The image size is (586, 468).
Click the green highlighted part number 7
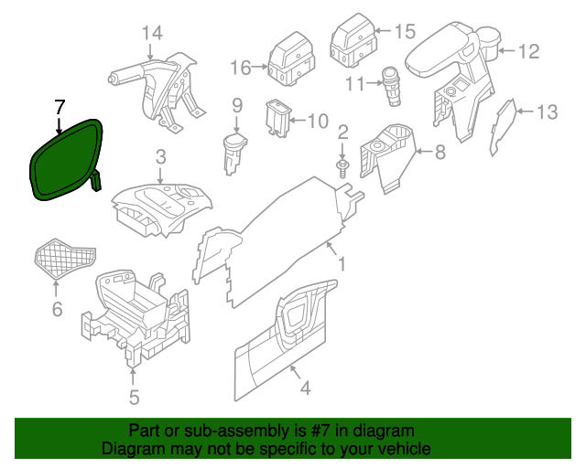pyautogui.click(x=64, y=160)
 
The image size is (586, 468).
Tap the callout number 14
pyautogui.click(x=152, y=34)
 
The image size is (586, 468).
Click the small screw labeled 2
pyautogui.click(x=342, y=168)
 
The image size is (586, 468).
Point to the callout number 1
pyautogui.click(x=342, y=265)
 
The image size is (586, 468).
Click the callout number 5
pyautogui.click(x=134, y=397)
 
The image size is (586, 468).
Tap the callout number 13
pyautogui.click(x=547, y=112)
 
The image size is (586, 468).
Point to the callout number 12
pyautogui.click(x=530, y=52)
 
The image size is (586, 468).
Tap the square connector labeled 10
pyautogui.click(x=277, y=117)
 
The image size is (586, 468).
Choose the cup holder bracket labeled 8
pyautogui.click(x=389, y=155)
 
